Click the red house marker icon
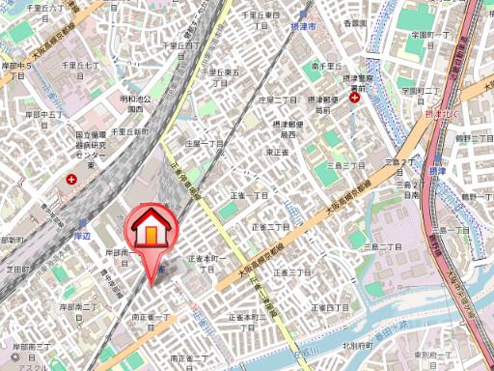[150, 230]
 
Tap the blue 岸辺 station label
[80, 219]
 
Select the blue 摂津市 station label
[303, 30]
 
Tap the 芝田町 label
[17, 270]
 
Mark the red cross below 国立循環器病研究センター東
[71, 179]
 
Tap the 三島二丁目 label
[380, 247]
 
